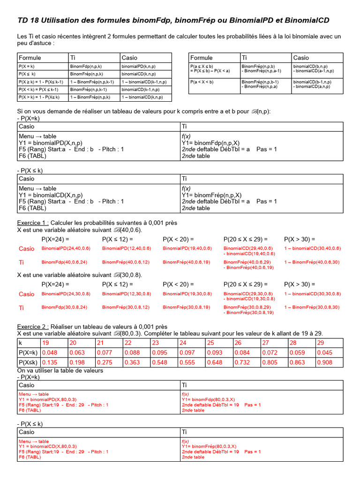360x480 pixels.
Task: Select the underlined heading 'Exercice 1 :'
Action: pos(33,223)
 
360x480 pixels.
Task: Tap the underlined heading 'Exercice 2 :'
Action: pos(33,326)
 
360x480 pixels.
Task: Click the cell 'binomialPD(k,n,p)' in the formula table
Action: pos(140,67)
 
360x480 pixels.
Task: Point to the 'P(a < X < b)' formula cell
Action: pos(202,82)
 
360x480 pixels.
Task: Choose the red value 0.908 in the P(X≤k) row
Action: pos(325,362)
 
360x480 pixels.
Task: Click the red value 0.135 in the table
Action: pos(50,362)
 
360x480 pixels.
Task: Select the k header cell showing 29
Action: pos(321,343)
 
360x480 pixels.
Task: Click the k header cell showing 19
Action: pos(46,343)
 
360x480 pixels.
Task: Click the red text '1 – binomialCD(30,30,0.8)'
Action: pos(313,294)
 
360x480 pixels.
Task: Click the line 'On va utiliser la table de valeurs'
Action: pos(60,370)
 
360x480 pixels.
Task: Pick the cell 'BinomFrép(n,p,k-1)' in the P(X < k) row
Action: pos(89,89)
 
